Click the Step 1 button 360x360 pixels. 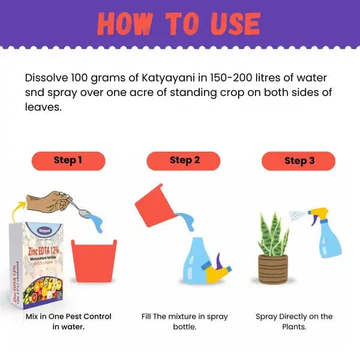point(68,160)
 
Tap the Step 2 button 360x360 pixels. point(184,160)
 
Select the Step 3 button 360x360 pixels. point(299,160)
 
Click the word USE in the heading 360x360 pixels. point(224,24)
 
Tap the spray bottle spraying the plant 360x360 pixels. point(327,234)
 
